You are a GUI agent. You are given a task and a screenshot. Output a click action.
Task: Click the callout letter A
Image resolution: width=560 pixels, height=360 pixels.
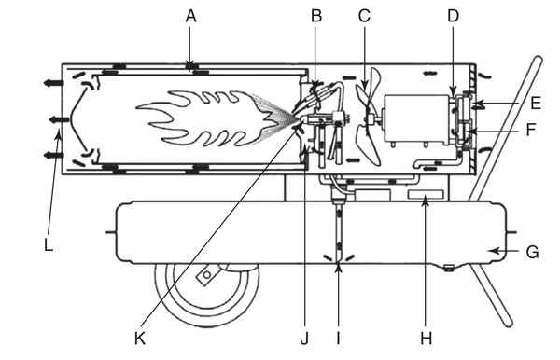point(191,17)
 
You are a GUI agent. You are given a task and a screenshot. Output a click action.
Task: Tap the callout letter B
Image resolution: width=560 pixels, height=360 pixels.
point(316,16)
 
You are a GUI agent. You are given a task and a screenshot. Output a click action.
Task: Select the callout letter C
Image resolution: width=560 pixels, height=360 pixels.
point(364,16)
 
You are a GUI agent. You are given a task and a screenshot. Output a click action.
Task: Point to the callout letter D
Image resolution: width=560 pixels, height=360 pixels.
point(453,16)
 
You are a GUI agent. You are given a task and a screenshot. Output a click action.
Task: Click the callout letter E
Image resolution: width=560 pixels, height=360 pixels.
point(536,104)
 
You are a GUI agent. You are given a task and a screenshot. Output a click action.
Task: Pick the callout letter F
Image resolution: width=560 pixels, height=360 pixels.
point(531,130)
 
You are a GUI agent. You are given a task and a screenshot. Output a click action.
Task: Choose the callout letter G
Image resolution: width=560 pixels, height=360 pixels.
point(533,252)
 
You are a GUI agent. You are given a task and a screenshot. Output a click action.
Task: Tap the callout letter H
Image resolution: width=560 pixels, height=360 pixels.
point(427,339)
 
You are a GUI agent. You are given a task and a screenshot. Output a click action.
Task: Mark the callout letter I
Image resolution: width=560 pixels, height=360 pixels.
point(338,339)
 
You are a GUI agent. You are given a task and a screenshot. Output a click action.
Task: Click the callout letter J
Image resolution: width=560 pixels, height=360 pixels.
point(304,339)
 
